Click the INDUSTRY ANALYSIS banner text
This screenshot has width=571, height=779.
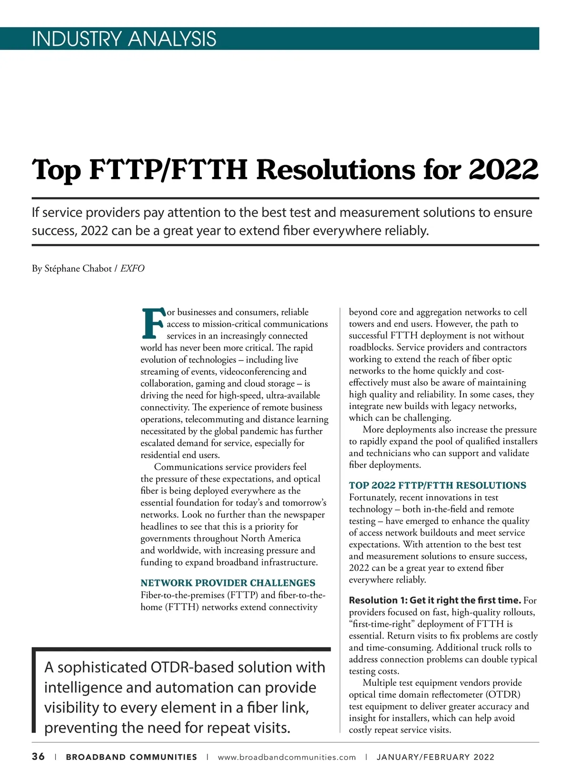pos(124,39)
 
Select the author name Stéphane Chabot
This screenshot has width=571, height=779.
pos(78,269)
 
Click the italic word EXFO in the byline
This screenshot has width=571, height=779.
pos(132,269)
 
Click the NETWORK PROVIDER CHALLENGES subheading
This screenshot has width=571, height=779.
pos(228,583)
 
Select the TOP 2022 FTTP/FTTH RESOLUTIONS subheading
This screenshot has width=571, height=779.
pos(437,486)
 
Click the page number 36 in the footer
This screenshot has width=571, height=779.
pos(39,757)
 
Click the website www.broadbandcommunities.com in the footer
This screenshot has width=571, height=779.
pos(286,757)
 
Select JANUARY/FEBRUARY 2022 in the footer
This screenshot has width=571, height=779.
pos(435,757)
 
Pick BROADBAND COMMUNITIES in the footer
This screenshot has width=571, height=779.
pos(131,757)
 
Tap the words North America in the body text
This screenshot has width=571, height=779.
pos(271,538)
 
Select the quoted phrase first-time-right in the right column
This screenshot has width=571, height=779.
pos(382,624)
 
